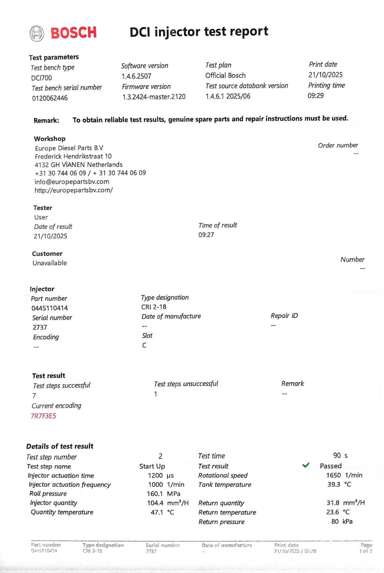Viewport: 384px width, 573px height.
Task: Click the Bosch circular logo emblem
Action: (36, 33)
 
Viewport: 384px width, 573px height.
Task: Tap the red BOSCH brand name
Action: (74, 33)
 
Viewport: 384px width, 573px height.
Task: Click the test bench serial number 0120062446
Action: (50, 98)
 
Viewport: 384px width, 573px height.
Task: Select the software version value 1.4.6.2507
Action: (136, 76)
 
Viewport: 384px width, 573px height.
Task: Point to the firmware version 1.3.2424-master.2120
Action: (154, 97)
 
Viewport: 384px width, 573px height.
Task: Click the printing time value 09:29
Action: (316, 96)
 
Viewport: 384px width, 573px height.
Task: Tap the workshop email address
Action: (72, 182)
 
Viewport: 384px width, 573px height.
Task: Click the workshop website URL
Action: (74, 190)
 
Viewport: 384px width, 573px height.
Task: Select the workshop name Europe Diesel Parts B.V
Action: (69, 148)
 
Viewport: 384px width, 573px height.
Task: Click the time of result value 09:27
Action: (206, 235)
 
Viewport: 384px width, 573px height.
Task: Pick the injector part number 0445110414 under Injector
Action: (50, 308)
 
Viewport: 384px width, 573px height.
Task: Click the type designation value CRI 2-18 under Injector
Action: (154, 307)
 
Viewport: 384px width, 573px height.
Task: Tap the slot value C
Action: (144, 345)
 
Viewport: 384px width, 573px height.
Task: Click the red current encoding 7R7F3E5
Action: (43, 416)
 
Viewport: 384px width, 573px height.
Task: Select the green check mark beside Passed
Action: (306, 465)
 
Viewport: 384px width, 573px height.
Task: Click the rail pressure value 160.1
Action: (155, 493)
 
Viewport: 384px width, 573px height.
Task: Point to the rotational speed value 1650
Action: (333, 475)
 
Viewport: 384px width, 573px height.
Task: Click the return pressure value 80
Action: (335, 521)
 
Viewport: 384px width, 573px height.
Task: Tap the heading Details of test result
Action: (60, 446)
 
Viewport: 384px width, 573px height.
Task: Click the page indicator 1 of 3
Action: (365, 551)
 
